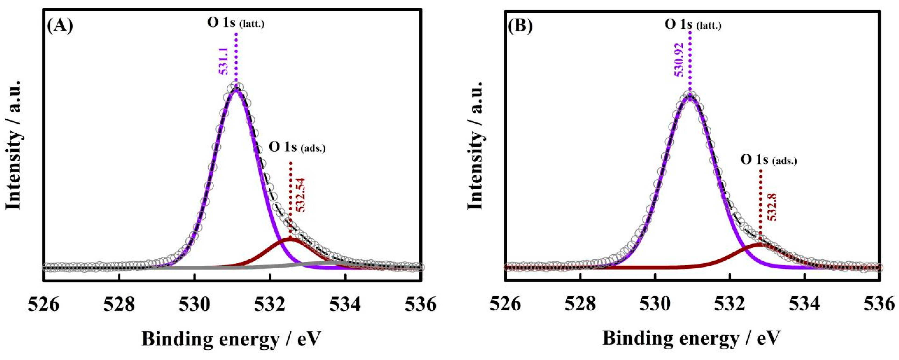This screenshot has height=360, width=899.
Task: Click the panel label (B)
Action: (x=520, y=26)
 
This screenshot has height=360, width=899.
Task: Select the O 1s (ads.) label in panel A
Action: (x=297, y=147)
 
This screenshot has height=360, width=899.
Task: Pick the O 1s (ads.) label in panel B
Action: (x=769, y=160)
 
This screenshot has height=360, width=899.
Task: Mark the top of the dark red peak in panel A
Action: (x=290, y=239)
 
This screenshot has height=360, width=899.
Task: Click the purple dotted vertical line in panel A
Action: (x=236, y=59)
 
